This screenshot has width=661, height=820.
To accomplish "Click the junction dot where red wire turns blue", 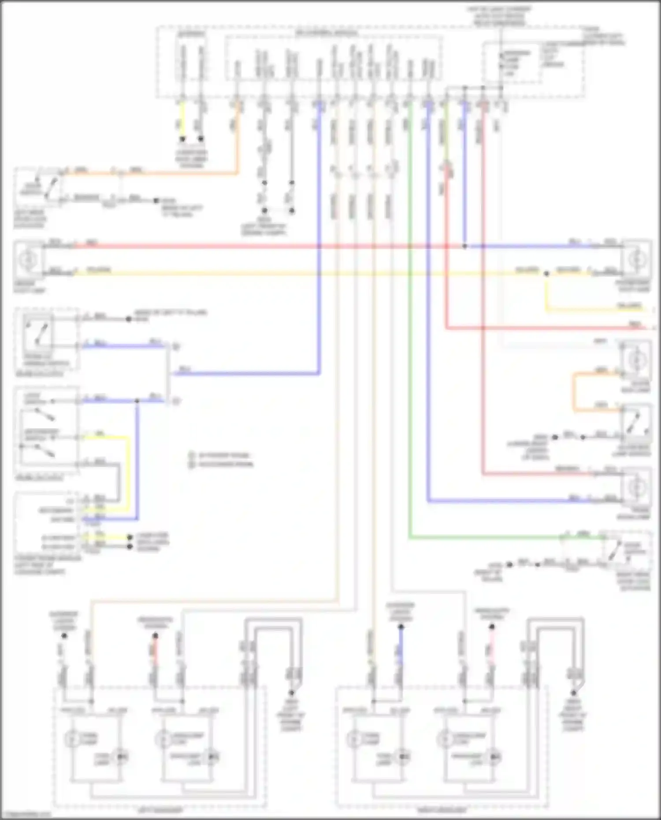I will tap(464, 246).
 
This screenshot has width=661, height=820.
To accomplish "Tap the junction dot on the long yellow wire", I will tap(546, 274).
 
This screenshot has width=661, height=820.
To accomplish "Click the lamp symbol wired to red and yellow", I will tap(28, 260).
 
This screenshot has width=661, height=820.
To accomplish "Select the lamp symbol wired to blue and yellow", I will tap(636, 260).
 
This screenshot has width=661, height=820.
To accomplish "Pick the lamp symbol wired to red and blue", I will tap(636, 487).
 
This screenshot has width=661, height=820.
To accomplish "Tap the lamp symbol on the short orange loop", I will tap(636, 360).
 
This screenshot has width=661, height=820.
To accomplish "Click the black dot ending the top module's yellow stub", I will tap(182, 139).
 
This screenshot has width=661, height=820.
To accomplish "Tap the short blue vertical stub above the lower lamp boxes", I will tap(401, 648).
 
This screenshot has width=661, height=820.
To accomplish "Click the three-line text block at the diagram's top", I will tap(499, 16).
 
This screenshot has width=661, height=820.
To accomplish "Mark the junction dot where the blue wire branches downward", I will tap(137, 401).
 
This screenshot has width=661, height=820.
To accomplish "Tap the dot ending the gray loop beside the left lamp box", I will tap(291, 693).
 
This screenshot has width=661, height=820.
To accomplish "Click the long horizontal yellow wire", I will tap(308, 274).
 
